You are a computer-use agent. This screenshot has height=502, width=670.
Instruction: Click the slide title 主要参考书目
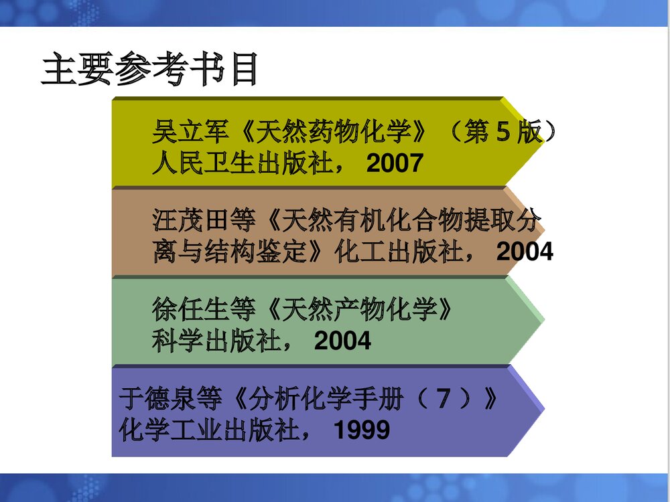coord(149,71)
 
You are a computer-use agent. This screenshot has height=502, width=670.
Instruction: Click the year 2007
coord(395,163)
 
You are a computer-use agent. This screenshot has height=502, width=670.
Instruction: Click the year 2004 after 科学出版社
coord(342,341)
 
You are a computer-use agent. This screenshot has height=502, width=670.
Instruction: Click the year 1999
coord(362,430)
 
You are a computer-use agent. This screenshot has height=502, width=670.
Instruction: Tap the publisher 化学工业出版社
coord(207,430)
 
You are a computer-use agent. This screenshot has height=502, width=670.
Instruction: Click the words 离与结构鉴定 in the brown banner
coord(230,252)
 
